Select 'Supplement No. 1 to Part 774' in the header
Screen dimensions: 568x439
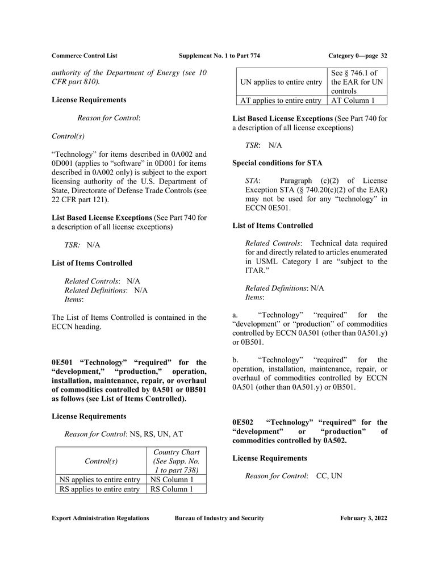click(219, 56)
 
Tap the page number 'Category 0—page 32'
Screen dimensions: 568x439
click(358, 56)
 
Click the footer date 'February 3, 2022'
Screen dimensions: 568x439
click(363, 518)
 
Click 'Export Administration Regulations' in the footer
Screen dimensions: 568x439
click(100, 518)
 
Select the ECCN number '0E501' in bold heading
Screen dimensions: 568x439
click(63, 362)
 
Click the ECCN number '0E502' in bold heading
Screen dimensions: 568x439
click(244, 423)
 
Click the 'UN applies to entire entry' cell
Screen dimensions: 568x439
click(281, 82)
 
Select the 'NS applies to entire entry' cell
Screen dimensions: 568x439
click(100, 479)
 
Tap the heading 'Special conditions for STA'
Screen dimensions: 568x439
click(277, 163)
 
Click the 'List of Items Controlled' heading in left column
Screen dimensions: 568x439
click(92, 263)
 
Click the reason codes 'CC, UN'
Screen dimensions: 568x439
click(329, 476)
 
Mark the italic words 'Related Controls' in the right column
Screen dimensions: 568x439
click(273, 244)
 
